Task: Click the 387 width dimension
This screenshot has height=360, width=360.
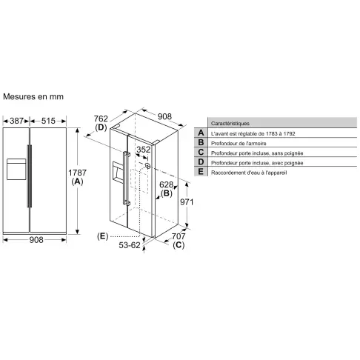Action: point(16,121)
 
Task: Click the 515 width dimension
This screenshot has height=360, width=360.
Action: point(48,121)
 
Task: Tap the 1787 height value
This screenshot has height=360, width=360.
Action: point(77,173)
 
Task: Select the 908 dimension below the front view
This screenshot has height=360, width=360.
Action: point(36,240)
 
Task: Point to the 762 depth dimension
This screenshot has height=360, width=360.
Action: point(101,119)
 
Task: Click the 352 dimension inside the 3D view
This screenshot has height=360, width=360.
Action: point(144,150)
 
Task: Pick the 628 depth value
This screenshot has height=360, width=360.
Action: point(166,184)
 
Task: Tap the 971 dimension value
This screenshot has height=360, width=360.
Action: point(187,202)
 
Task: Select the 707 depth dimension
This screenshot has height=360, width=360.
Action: point(179,236)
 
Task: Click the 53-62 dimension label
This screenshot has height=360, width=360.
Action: point(130,245)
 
